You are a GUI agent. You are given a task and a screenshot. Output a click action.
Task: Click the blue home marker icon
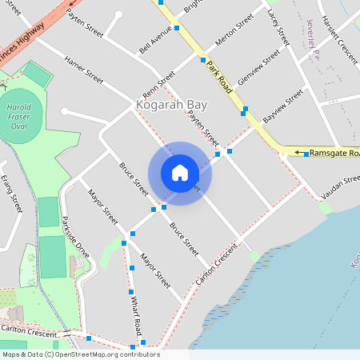(x=180, y=173)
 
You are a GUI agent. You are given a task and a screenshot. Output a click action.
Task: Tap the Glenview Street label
(x=260, y=69)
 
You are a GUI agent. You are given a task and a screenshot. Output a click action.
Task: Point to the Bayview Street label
(x=284, y=101)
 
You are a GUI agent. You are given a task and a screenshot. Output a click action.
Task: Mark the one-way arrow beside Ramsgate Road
(x=302, y=152)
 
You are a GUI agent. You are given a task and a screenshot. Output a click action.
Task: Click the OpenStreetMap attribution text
(x=80, y=354)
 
